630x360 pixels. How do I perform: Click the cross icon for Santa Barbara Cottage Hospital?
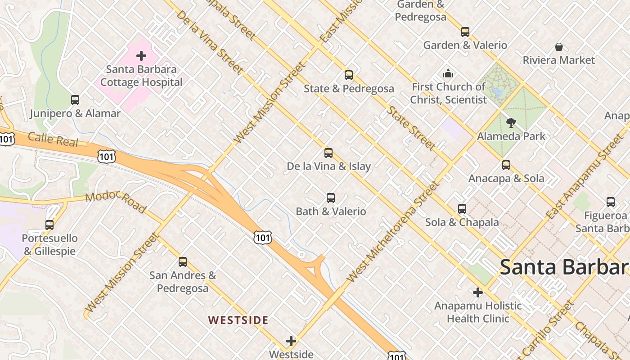(x=141, y=56)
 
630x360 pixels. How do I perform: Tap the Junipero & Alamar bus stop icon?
(x=75, y=100)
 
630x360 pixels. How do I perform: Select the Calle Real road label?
(x=53, y=139)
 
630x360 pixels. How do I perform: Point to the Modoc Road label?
(x=116, y=202)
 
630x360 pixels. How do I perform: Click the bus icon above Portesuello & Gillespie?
(x=49, y=225)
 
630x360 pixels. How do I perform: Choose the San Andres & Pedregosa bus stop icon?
(x=183, y=262)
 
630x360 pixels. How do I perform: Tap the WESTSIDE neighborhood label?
(x=238, y=320)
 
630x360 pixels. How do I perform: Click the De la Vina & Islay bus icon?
(x=328, y=153)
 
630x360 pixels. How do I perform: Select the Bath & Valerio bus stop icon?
(x=331, y=198)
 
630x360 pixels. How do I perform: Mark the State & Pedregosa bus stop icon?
(x=349, y=75)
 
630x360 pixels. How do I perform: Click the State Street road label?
(x=411, y=128)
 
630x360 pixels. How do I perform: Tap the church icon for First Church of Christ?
(x=448, y=73)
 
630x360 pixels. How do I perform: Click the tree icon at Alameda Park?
(x=511, y=122)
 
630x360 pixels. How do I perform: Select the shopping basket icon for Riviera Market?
(x=559, y=47)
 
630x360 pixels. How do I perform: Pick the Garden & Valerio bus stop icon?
(x=465, y=32)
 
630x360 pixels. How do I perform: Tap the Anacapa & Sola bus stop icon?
(x=506, y=165)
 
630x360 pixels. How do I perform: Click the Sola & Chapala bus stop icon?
(x=462, y=209)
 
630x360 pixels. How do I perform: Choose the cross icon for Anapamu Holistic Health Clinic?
(x=478, y=293)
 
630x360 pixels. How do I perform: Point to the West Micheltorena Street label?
(x=392, y=232)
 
